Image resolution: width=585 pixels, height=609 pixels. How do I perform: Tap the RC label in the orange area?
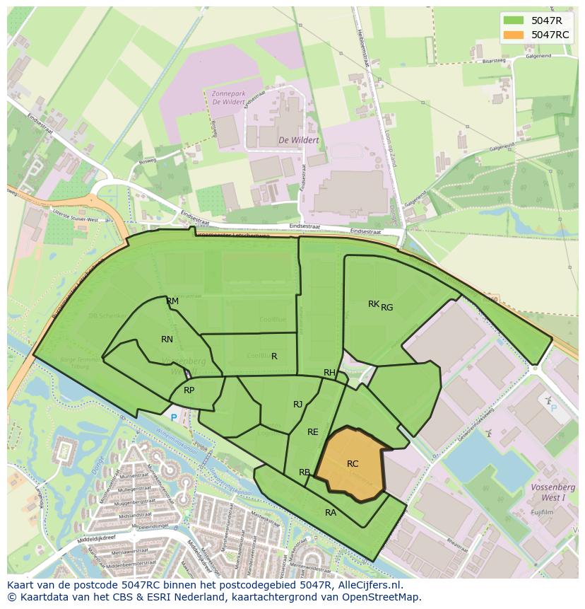353,464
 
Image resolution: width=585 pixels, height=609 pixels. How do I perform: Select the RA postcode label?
331,513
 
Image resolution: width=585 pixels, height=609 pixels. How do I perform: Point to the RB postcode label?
305,472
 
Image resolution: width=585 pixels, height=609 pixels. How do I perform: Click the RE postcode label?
313,432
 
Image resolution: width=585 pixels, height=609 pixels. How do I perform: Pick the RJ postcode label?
298,405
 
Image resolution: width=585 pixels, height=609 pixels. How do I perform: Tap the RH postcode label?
329,373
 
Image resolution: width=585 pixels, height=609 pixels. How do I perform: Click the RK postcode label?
373,304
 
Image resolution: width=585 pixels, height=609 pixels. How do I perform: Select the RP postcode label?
189,390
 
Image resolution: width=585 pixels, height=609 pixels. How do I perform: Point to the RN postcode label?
167,340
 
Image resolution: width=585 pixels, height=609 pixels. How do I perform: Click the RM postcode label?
172,301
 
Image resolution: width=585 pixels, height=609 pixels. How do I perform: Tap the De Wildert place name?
298,140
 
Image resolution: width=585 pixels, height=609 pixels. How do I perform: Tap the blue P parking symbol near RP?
174,418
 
